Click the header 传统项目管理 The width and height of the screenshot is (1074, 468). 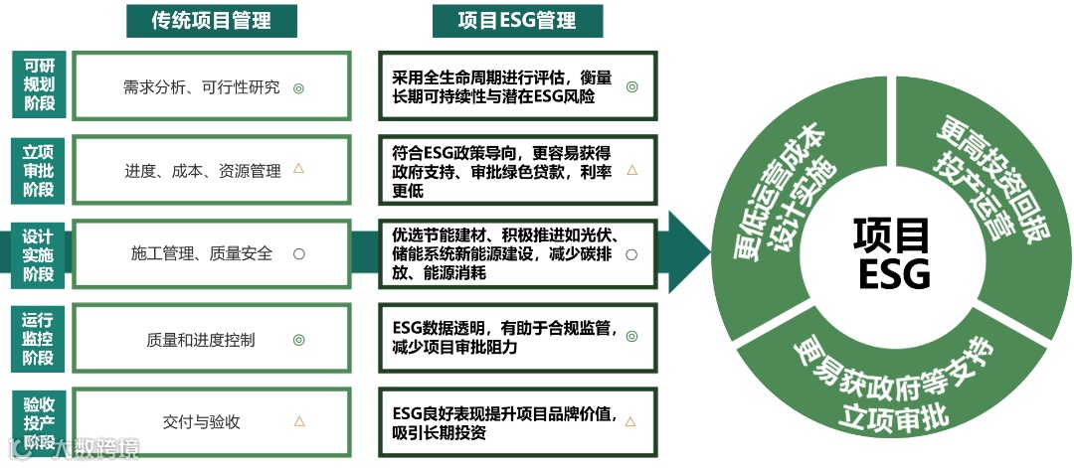(212, 19)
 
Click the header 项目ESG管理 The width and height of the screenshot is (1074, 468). (517, 19)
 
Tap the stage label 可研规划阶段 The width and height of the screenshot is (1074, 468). (39, 84)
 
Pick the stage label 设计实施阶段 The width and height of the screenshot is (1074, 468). (39, 255)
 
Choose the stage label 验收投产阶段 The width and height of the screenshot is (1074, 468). (39, 423)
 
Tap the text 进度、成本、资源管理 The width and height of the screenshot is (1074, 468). (203, 171)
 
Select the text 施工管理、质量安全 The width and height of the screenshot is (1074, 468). (202, 253)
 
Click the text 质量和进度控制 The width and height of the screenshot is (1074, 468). (201, 340)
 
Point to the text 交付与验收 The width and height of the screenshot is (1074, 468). (202, 421)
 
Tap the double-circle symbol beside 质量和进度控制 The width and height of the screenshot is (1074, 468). (298, 340)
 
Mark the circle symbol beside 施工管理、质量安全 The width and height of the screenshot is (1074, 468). (298, 253)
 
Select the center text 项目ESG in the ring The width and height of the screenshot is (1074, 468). (891, 252)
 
